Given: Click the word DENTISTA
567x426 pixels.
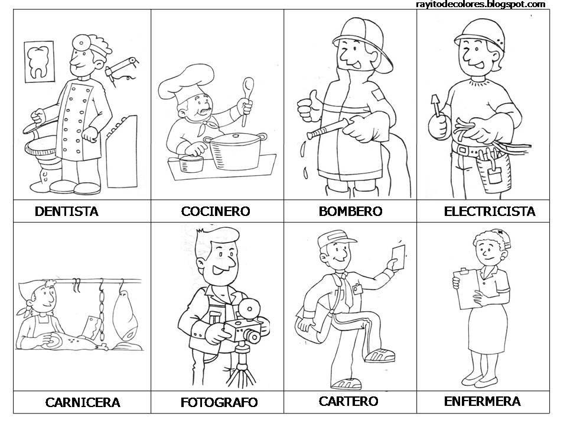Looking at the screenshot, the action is tap(67, 211).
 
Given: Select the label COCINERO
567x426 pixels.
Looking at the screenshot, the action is tap(216, 211).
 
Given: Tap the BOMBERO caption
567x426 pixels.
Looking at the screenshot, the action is tap(350, 211).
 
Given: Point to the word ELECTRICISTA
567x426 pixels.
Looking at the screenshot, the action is tap(490, 211).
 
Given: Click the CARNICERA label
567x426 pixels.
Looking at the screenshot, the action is tap(83, 402).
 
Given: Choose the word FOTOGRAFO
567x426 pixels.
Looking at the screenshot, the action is tap(219, 402).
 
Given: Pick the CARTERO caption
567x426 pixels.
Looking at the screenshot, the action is tap(348, 401).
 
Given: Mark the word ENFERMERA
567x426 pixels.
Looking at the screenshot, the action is tap(482, 401).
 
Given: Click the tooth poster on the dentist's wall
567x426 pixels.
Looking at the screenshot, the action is tap(40, 62).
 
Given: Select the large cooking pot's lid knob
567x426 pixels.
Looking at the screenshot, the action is tap(236, 136).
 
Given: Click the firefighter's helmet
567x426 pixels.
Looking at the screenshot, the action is tap(363, 40).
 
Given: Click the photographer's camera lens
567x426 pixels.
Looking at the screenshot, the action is tap(254, 337).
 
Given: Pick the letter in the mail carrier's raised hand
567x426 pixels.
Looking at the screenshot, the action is tap(398, 257).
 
